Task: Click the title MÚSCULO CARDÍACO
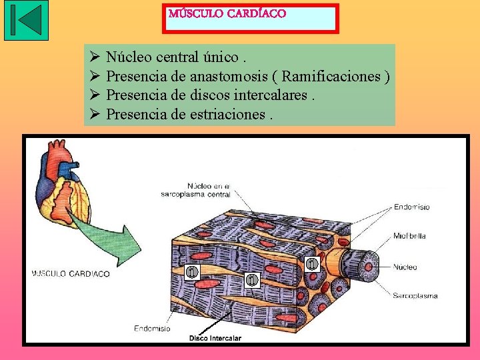pyautogui.click(x=227, y=14)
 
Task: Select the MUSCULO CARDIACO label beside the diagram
pyautogui.click(x=71, y=273)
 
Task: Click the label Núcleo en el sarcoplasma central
pyautogui.click(x=196, y=190)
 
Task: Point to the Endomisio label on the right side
pyautogui.click(x=411, y=207)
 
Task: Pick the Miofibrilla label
pyautogui.click(x=409, y=236)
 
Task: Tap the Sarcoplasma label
pyautogui.click(x=415, y=295)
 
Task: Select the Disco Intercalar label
pyautogui.click(x=215, y=338)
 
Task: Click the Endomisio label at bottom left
pyautogui.click(x=152, y=328)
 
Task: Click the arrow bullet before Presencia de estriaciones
pyautogui.click(x=94, y=114)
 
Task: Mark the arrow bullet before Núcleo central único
pyautogui.click(x=94, y=58)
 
